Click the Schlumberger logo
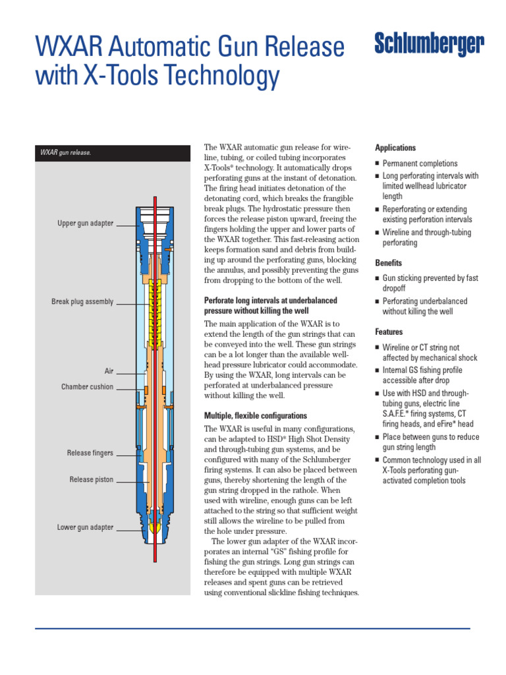tap(429, 45)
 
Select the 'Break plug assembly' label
tap(82, 302)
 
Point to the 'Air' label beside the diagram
tap(109, 371)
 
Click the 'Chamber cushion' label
tap(87, 387)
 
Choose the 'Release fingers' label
tap(90, 453)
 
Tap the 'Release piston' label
tap(91, 480)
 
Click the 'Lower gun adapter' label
tap(85, 527)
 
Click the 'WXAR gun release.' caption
tap(65, 153)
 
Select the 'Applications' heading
tap(395, 148)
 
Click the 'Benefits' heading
tap(389, 262)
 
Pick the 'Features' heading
tap(389, 332)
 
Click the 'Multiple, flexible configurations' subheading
tap(256, 416)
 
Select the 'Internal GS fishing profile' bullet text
tap(422, 370)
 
